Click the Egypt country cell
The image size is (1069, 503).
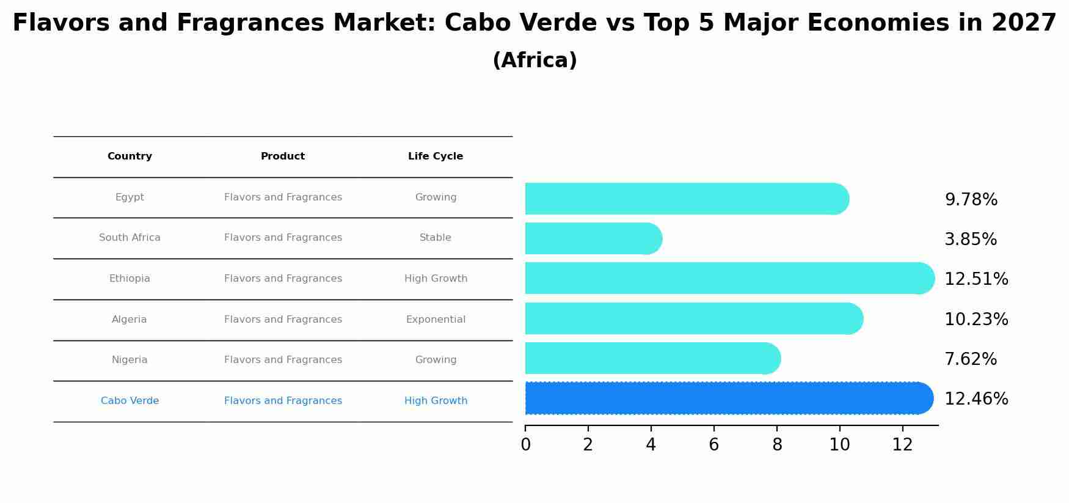point(130,197)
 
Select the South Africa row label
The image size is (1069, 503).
point(130,238)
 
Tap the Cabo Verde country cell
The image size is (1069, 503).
point(130,401)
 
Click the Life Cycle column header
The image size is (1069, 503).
point(436,156)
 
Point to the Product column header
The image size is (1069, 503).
point(283,156)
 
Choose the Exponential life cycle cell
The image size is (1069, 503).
point(436,320)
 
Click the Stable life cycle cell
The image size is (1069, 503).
point(436,238)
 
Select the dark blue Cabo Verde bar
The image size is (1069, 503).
point(727,398)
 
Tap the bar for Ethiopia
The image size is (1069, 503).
point(727,279)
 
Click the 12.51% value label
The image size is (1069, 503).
point(976,279)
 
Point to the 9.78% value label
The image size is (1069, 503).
point(971,200)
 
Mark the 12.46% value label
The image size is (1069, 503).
point(976,399)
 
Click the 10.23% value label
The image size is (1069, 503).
point(976,320)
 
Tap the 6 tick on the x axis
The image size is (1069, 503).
point(713,445)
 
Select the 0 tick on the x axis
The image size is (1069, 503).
point(525,445)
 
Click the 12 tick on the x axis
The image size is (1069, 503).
point(902,445)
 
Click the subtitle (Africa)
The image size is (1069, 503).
point(534,61)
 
